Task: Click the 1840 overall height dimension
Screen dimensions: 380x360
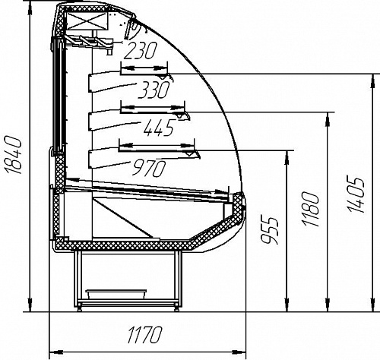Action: [x=13, y=155]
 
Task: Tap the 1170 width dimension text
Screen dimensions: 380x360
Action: [x=144, y=335]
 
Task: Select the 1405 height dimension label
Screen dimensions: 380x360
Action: [x=356, y=194]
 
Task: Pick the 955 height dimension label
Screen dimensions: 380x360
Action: [x=270, y=230]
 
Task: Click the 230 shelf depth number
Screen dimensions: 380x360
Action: [x=141, y=50]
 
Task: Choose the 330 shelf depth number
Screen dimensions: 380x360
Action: [x=154, y=90]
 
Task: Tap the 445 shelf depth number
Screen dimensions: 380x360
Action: [x=159, y=127]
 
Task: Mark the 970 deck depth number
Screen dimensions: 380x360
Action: [x=149, y=168]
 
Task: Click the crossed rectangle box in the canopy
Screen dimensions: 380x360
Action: [x=87, y=21]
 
